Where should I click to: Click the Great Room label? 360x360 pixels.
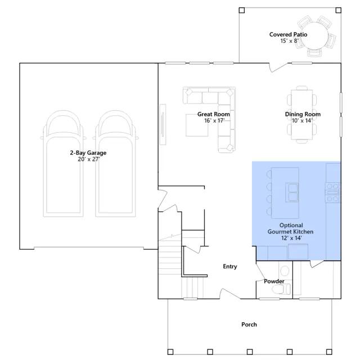click(214, 114)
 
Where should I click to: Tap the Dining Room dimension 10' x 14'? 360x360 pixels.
click(302, 120)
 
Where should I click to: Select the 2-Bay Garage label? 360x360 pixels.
click(88, 152)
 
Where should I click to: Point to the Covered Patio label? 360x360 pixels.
click(288, 34)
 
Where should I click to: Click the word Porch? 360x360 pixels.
click(249, 325)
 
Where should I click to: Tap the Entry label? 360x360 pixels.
click(230, 266)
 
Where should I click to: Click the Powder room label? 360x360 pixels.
click(274, 281)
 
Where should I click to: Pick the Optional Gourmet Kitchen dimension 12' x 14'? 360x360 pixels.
click(291, 238)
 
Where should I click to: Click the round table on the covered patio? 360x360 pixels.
click(316, 36)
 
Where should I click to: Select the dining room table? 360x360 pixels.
click(302, 115)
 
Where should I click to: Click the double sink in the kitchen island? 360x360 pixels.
click(292, 192)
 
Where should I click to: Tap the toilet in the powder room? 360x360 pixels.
click(281, 289)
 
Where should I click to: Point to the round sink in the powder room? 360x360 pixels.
click(285, 271)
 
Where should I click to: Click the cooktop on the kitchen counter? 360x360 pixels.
click(332, 192)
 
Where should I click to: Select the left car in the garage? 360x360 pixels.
click(63, 164)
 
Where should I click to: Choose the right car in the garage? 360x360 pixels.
click(115, 164)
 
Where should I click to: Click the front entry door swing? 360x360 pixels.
click(230, 294)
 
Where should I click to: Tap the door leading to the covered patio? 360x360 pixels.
click(278, 67)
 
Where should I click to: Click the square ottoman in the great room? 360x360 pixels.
click(197, 125)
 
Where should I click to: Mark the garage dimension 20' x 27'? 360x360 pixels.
click(89, 159)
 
